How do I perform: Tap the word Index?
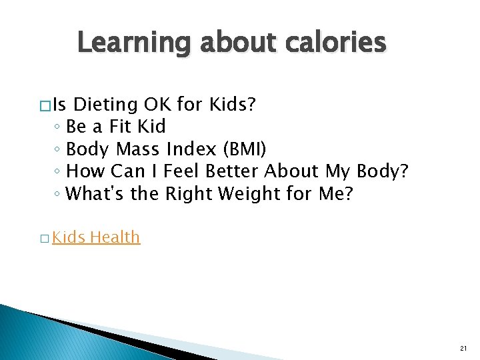click(x=189, y=149)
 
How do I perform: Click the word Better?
click(x=233, y=171)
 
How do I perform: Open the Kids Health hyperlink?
click(x=96, y=237)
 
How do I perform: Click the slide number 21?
click(x=463, y=349)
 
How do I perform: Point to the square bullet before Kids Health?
click(x=45, y=238)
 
